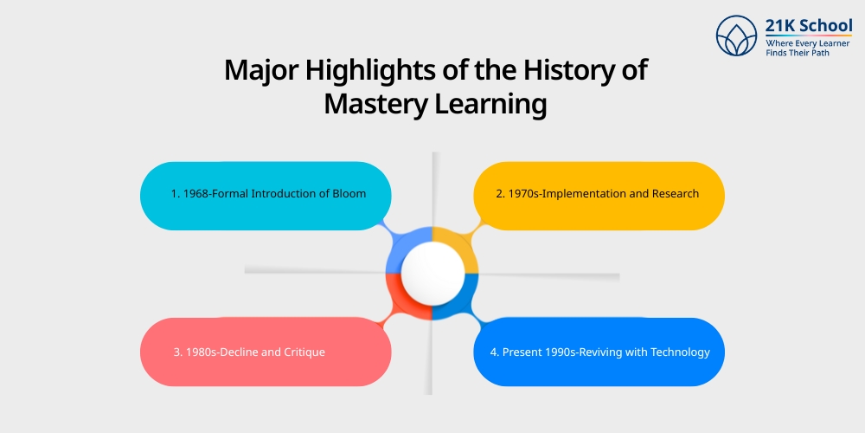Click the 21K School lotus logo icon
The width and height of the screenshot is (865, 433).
click(736, 36)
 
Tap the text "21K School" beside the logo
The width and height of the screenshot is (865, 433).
click(809, 25)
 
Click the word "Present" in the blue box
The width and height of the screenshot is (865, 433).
click(529, 352)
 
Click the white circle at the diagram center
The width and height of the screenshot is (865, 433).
click(432, 272)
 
